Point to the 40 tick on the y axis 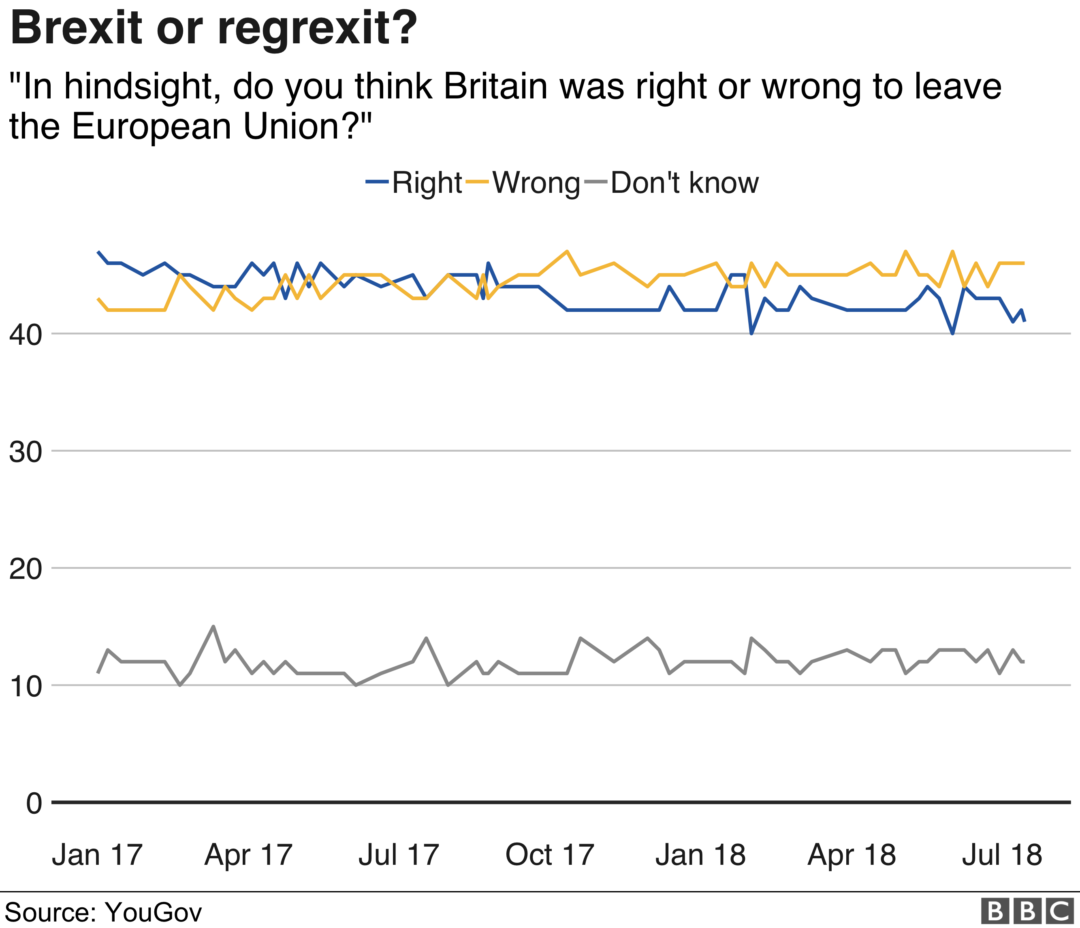(25, 335)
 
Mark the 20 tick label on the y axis (25, 569)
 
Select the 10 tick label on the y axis (25, 687)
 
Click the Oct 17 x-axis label (549, 855)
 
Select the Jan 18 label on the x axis (700, 855)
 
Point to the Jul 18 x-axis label (1001, 855)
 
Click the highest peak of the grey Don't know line (213, 626)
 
